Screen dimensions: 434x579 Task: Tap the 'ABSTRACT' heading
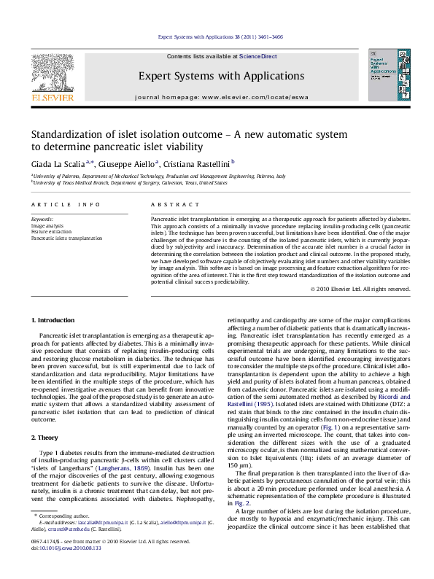pos(167,208)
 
